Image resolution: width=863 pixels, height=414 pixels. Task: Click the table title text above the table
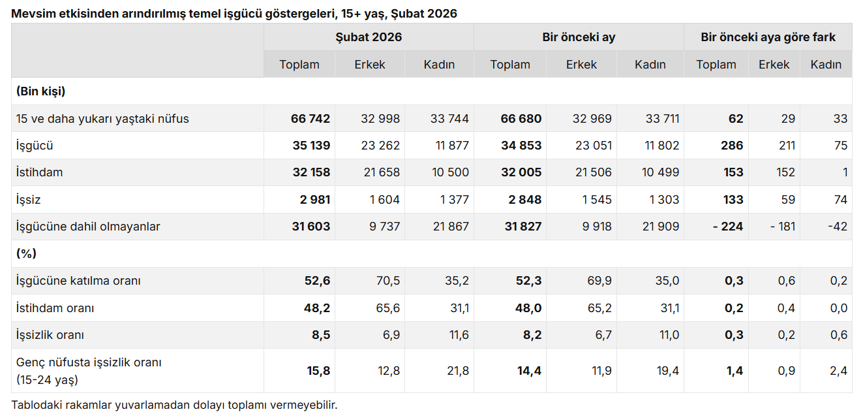coord(234,13)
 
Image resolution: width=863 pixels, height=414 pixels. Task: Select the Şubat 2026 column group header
coord(369,37)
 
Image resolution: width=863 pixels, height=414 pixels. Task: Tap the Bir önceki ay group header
coord(579,37)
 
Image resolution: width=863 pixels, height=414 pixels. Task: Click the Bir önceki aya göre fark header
coord(768,37)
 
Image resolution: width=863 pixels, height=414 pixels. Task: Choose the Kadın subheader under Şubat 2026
coord(439,65)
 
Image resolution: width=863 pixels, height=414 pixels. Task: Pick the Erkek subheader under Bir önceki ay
coord(581,65)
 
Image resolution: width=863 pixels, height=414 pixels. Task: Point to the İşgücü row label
coord(35,146)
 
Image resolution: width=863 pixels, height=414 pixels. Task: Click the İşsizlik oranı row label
coord(50,335)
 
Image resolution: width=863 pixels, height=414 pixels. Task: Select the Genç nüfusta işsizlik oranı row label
coord(89,370)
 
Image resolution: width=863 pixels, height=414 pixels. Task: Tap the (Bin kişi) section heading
coord(40,91)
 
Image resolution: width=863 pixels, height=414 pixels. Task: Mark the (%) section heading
coord(26,253)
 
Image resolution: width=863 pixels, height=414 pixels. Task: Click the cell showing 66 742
coord(310,119)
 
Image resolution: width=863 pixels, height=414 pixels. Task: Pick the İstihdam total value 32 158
coord(310,172)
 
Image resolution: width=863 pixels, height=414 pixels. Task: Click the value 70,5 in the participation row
coord(387,281)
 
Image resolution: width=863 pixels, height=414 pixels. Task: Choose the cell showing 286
coord(733,146)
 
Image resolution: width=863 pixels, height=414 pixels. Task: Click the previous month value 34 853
coord(521,146)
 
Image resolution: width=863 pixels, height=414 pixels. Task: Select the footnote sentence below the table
coord(174,405)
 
